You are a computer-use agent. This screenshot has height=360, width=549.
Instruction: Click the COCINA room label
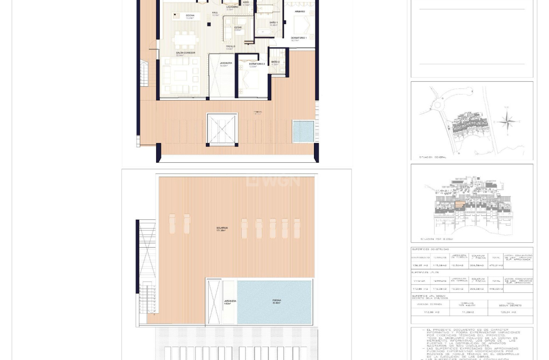point(190,16)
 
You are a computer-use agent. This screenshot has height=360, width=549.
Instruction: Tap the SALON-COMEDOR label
point(185,53)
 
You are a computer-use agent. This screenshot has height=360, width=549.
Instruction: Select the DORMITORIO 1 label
point(299,38)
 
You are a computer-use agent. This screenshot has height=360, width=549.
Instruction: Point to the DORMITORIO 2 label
point(257,64)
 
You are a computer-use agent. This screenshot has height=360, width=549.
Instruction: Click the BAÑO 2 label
point(275,62)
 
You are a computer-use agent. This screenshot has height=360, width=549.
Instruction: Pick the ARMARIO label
point(300,12)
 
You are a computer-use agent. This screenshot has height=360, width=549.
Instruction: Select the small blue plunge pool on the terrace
point(303,131)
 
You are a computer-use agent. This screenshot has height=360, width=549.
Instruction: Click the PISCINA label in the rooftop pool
point(276,301)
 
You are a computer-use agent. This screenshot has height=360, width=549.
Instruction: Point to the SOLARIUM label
point(222,228)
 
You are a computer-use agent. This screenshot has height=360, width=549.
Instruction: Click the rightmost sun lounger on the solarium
point(297,228)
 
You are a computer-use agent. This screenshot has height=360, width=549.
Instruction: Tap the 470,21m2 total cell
point(496,265)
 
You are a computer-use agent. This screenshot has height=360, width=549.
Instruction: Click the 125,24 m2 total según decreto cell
point(510,312)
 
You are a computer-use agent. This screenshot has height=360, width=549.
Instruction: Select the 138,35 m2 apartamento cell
point(420,265)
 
